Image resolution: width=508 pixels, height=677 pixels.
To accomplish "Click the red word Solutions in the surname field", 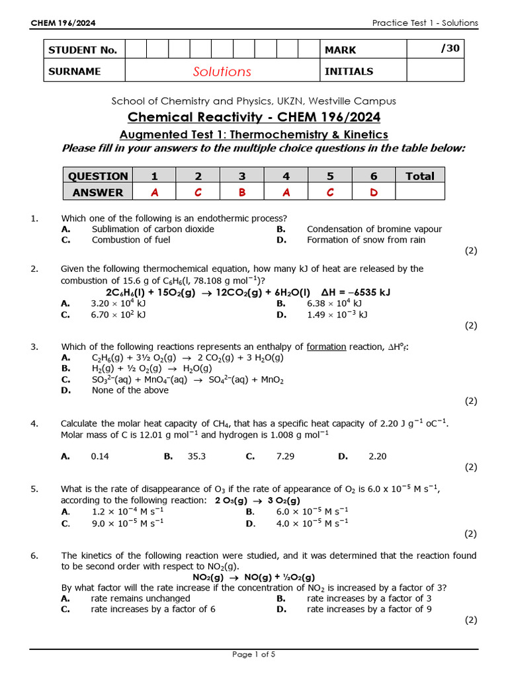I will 222,71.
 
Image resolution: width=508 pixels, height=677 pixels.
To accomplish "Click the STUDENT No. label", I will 83,50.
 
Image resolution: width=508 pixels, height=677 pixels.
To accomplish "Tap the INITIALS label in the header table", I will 349,71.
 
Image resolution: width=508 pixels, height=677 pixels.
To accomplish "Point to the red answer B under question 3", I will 242,192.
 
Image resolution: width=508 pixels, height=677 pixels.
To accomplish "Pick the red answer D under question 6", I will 374,192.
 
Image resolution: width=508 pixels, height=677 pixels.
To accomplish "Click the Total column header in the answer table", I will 420,176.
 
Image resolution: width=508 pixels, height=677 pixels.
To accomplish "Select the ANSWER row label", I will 98,192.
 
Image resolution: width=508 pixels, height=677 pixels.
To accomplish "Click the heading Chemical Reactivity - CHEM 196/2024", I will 253,118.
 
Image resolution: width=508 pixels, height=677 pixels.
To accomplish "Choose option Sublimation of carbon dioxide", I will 153,229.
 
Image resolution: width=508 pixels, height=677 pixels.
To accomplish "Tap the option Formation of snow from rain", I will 366,240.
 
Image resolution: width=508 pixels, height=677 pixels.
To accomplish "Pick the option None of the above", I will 130,390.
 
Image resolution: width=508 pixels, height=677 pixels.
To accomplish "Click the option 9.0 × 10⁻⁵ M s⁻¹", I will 127,523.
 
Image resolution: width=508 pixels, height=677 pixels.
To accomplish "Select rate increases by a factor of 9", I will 369,609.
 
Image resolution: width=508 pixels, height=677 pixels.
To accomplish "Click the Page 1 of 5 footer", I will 253,655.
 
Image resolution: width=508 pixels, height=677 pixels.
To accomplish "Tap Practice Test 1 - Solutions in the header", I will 425,23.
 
